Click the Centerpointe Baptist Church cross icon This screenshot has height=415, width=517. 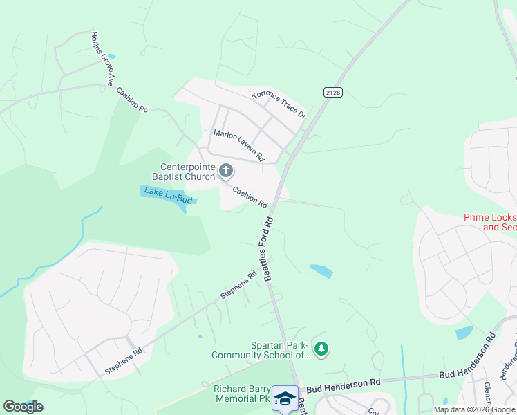point(226,170)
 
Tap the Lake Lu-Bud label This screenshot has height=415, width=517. point(167,195)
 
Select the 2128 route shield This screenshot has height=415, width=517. point(332,92)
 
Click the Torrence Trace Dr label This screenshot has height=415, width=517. point(279,103)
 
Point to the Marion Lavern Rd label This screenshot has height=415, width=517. point(238,145)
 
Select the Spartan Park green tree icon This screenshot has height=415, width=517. point(321,349)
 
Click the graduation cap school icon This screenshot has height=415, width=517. point(285,398)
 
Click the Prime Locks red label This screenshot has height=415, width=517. point(489,221)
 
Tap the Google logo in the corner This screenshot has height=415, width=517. point(23,406)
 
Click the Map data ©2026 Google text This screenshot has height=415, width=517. point(474,409)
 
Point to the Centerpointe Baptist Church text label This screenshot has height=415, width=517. point(187,172)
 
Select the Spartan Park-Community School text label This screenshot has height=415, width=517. point(260,350)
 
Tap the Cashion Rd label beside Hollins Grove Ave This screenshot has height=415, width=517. point(132,100)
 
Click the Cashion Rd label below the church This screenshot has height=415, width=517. point(250,197)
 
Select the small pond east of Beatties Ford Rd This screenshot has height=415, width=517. point(321,270)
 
